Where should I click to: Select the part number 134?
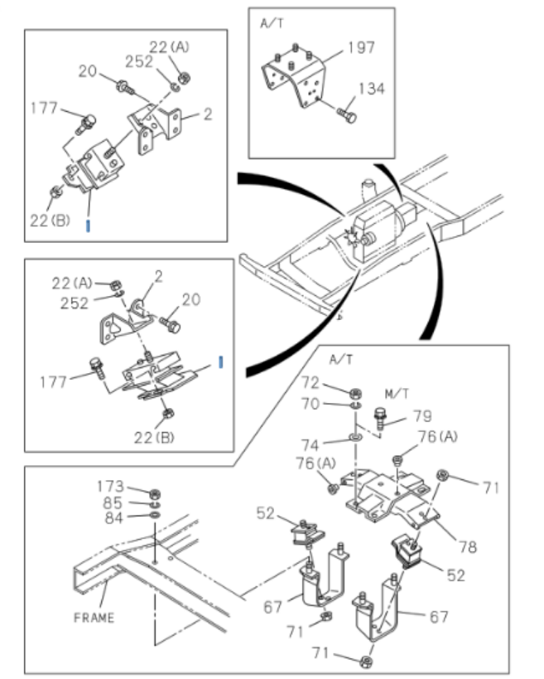(x=372, y=89)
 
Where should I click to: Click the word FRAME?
(x=94, y=617)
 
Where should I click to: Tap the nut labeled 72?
(x=354, y=391)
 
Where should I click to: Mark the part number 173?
(x=110, y=486)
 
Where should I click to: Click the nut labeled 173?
(x=154, y=492)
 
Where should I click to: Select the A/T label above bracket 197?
(x=272, y=24)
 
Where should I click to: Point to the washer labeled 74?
(x=354, y=434)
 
